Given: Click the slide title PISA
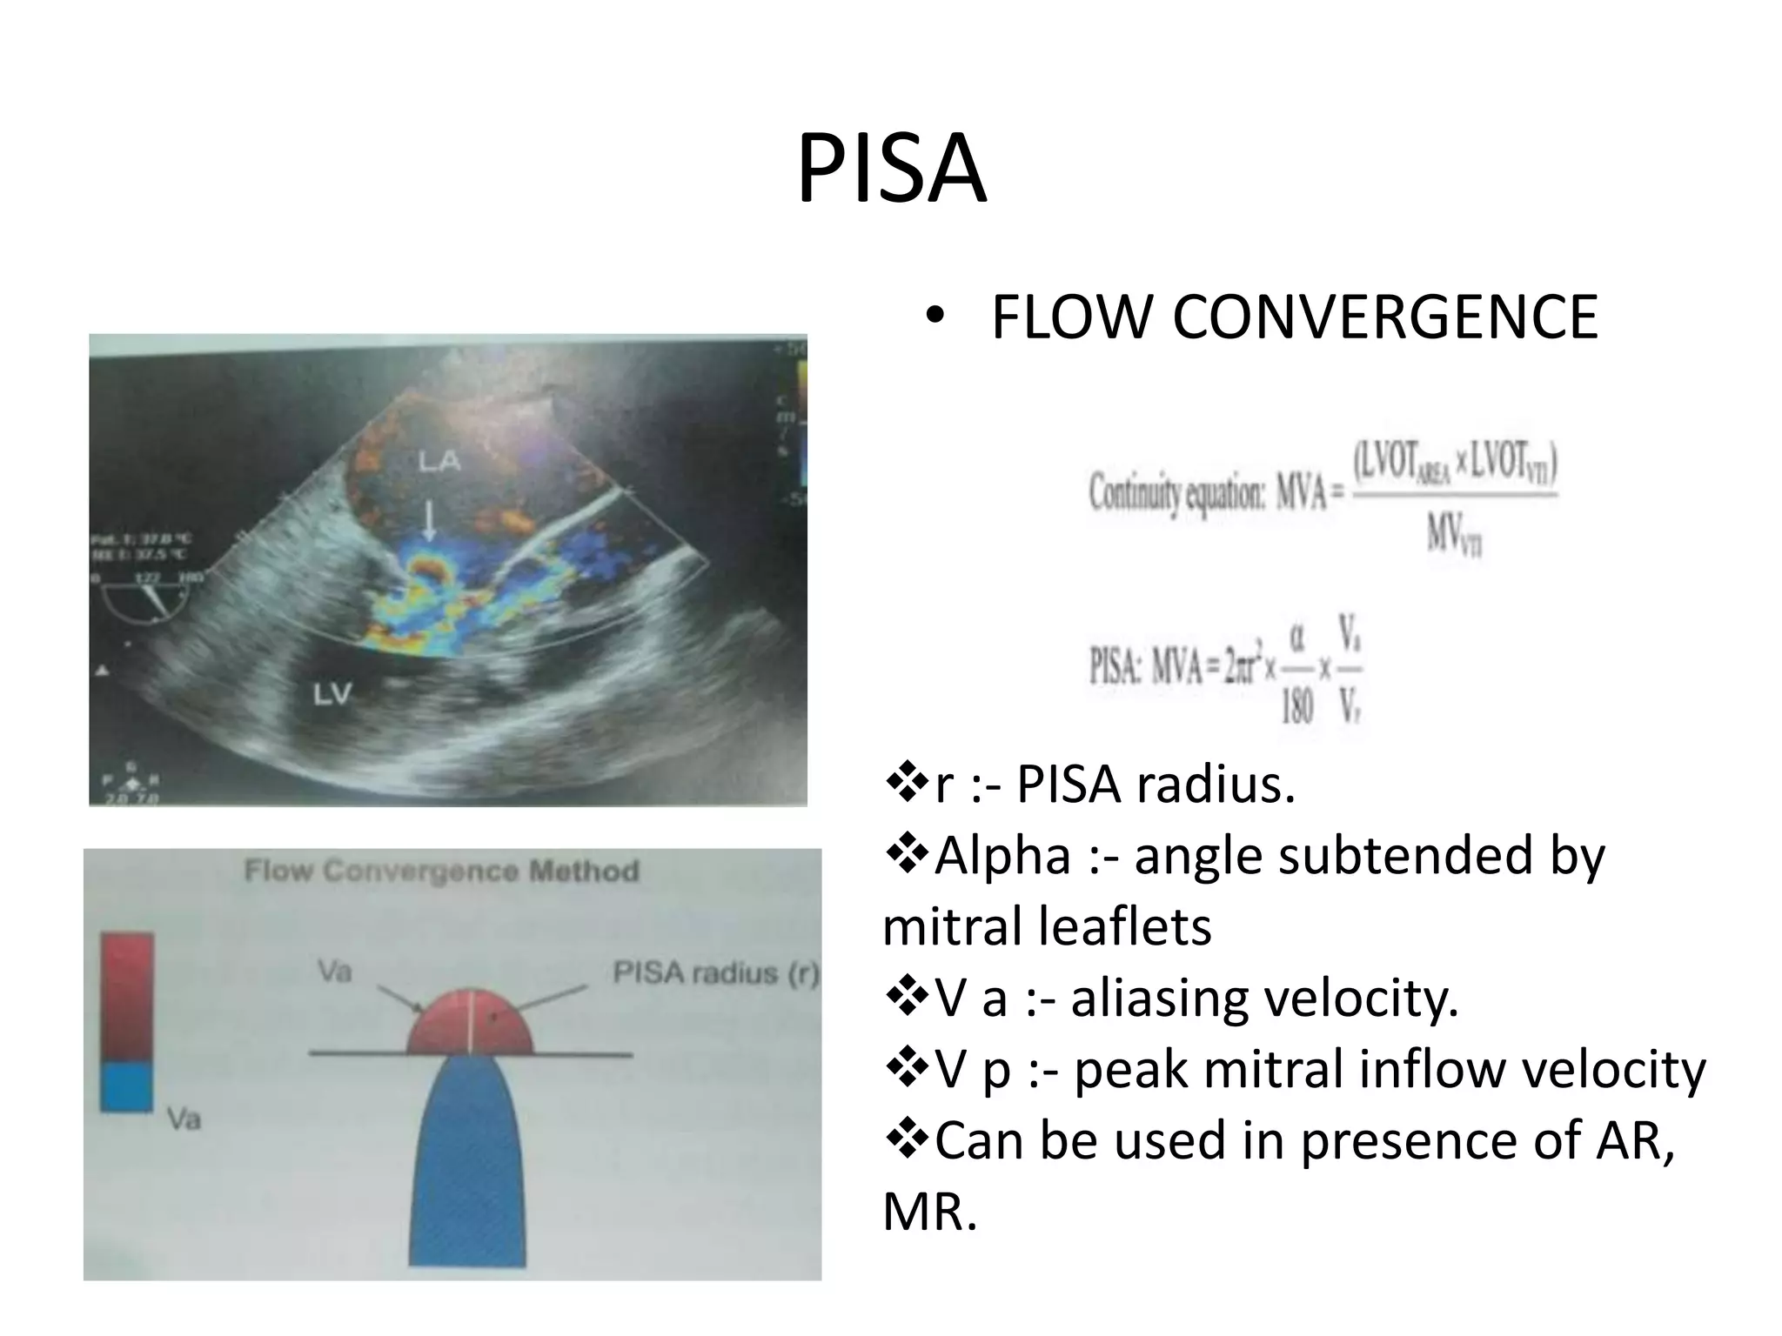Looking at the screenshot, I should coord(891,168).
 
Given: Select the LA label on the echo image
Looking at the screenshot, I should coord(439,460).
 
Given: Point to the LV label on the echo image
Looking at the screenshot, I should coord(331,693).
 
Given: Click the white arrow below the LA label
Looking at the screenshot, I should coord(428,521).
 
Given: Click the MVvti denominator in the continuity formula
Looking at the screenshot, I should coord(1453,532).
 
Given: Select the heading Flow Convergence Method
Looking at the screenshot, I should coord(441,871).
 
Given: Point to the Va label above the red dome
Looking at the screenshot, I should coord(334,971).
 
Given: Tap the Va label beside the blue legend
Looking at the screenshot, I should coord(184,1119).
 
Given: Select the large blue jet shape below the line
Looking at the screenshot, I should coord(468,1166).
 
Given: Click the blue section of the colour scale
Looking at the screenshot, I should coord(127,1085).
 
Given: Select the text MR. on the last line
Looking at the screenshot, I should coord(929,1212).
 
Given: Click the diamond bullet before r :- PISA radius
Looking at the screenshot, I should coord(907,783).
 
